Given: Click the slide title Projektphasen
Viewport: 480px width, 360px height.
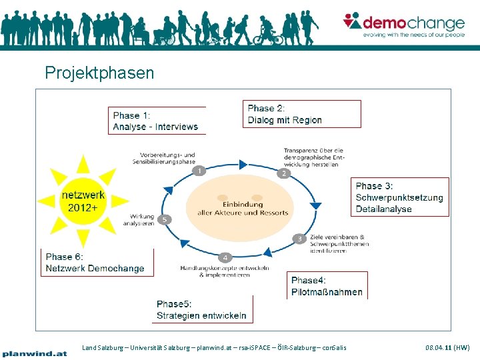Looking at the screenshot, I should coord(99,72).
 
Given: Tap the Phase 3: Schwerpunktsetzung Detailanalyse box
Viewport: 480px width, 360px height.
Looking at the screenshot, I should coord(400,197).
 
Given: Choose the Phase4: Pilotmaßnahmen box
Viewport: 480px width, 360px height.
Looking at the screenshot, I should coord(327,286).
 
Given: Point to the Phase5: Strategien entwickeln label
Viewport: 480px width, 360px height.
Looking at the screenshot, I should coord(201,310).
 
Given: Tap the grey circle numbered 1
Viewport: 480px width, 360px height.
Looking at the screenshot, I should coord(199,171).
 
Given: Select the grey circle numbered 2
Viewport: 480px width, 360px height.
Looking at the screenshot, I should coord(283,173).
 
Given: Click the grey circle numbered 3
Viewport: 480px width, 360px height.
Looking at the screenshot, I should coord(299,238).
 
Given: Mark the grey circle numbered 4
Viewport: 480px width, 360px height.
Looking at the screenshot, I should coord(225,257).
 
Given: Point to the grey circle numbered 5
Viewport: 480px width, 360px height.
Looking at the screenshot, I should coord(165,219).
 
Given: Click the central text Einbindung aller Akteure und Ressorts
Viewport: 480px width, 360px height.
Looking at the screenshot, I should coord(243,208).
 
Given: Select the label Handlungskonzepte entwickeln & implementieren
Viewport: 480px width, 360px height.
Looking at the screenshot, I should coord(225,271).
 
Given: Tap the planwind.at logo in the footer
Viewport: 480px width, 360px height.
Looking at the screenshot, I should coord(35,353).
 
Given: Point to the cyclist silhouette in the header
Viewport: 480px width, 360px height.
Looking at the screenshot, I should coord(267,33).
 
